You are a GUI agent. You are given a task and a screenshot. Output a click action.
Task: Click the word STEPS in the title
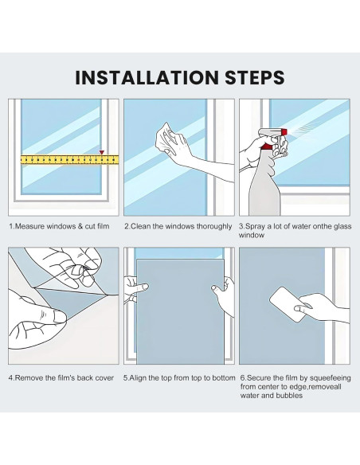coord(255,78)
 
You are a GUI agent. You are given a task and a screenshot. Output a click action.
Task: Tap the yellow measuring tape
coord(69,159)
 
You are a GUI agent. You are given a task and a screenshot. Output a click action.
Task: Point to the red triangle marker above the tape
coord(102,152)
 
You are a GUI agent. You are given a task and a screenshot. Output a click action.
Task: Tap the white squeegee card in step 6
coord(287,303)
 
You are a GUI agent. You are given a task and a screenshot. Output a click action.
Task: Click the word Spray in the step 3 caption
coord(255,227)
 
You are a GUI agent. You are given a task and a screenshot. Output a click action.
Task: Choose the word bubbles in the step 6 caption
coord(289,396)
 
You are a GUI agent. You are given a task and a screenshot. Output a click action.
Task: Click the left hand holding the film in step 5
coord(135,288)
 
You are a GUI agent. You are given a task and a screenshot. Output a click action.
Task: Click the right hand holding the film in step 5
coord(223,295)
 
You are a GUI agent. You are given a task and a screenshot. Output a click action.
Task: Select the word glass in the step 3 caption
coord(342,227)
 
